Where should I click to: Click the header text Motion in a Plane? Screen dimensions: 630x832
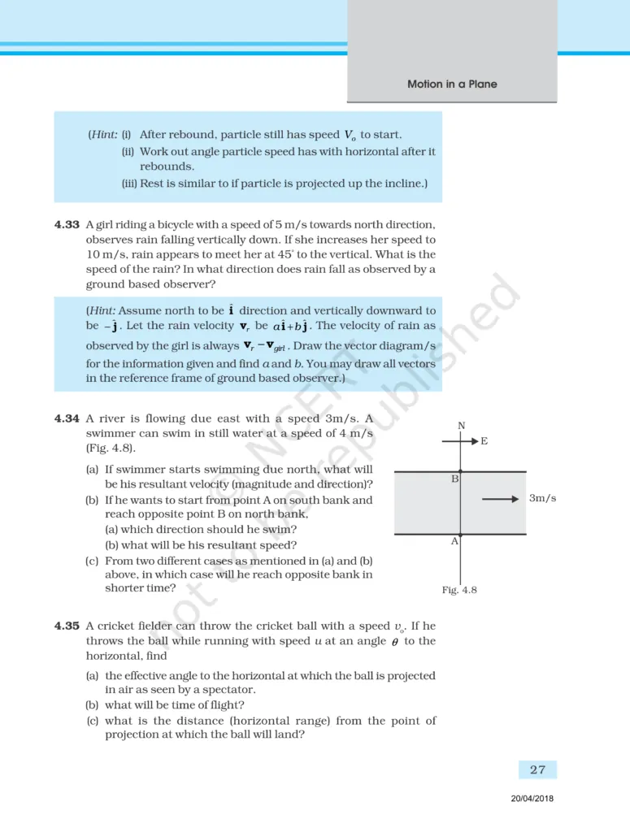pos(452,84)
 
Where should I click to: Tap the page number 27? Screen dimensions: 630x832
pos(537,769)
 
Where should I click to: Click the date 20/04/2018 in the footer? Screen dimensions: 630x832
pos(528,799)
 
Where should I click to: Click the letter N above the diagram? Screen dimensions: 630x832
pos(461,426)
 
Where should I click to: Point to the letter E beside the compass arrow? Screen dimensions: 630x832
pos(484,441)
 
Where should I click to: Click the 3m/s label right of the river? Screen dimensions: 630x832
pos(542,498)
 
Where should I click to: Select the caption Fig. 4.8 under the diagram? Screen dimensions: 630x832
pos(459,590)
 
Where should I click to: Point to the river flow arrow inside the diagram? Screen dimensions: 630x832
pos(500,499)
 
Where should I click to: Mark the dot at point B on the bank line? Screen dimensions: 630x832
pos(461,471)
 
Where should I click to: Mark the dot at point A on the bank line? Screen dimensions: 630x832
pos(461,534)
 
